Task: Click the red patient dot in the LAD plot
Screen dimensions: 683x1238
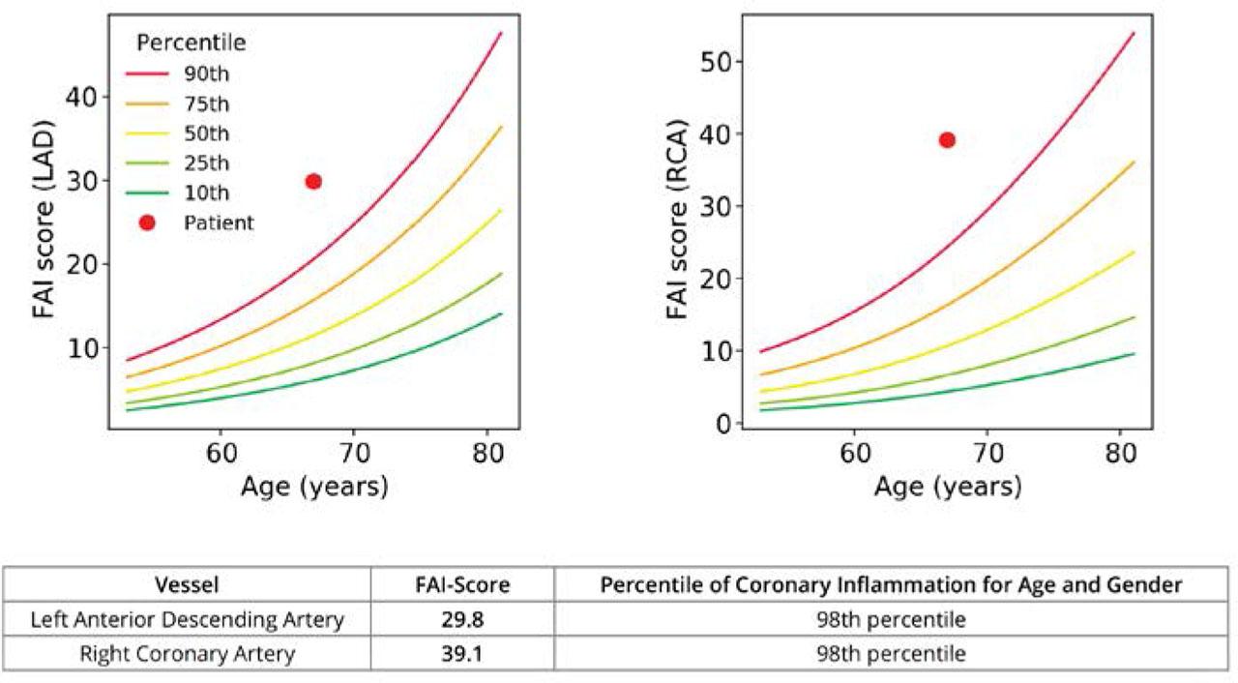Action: (x=313, y=181)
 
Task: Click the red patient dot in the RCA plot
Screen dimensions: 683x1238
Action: (x=947, y=140)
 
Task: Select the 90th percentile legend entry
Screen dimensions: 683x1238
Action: (x=206, y=73)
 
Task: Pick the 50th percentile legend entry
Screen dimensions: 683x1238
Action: (x=206, y=133)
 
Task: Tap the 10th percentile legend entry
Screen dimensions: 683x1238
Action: (x=206, y=193)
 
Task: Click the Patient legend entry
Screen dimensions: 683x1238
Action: (x=218, y=223)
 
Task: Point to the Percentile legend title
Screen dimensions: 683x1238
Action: (x=191, y=43)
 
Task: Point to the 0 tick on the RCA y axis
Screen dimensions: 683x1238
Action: (x=721, y=423)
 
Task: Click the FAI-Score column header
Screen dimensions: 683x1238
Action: (x=461, y=585)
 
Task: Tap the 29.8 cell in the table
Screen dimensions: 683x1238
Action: (x=461, y=620)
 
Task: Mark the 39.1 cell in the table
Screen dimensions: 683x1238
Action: (x=461, y=654)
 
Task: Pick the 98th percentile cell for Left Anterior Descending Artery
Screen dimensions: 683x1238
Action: (x=891, y=620)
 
